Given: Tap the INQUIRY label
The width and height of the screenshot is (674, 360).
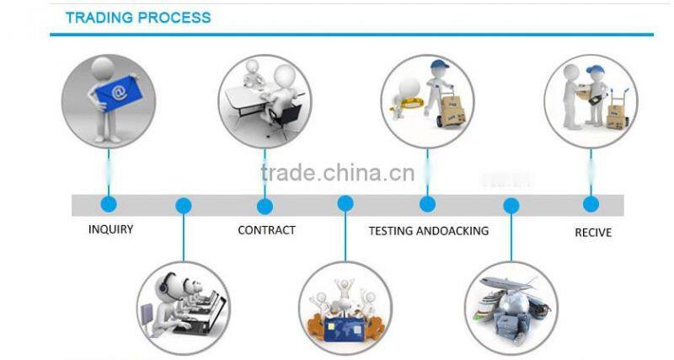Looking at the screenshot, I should (x=110, y=229).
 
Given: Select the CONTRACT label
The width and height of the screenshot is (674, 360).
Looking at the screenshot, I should (x=266, y=230).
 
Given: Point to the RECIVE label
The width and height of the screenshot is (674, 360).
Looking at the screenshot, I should (x=593, y=232).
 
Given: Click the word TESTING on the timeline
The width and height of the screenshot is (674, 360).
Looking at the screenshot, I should (x=392, y=230).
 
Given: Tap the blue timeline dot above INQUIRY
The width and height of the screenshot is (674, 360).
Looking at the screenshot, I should (x=109, y=204).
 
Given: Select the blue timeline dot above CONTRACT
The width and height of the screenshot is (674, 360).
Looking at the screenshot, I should (x=265, y=206).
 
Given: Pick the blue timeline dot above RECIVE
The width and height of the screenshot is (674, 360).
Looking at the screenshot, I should (x=591, y=204).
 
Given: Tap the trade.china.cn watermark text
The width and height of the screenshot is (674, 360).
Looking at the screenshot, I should (x=337, y=173).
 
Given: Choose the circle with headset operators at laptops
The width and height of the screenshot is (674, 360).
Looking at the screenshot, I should (x=184, y=307).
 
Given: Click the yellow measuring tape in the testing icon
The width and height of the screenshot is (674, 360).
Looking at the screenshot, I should (x=412, y=105).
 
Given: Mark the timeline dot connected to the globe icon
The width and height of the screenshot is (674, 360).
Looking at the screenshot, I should (x=511, y=206).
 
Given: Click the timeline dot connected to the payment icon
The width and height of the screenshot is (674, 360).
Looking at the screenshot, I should (x=345, y=204).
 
